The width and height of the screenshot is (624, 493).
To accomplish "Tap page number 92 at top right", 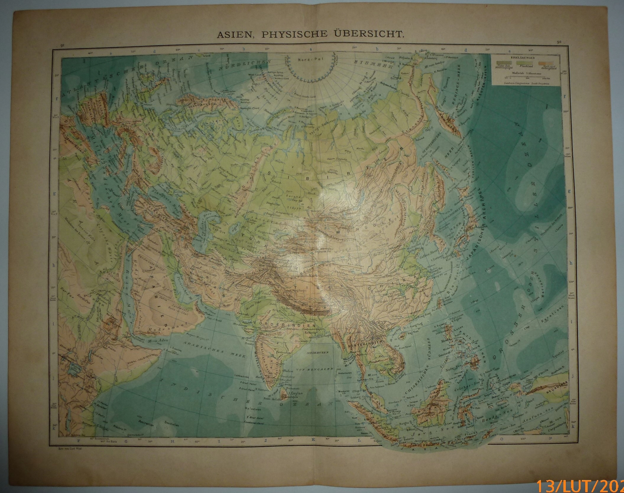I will tap(558, 42).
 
